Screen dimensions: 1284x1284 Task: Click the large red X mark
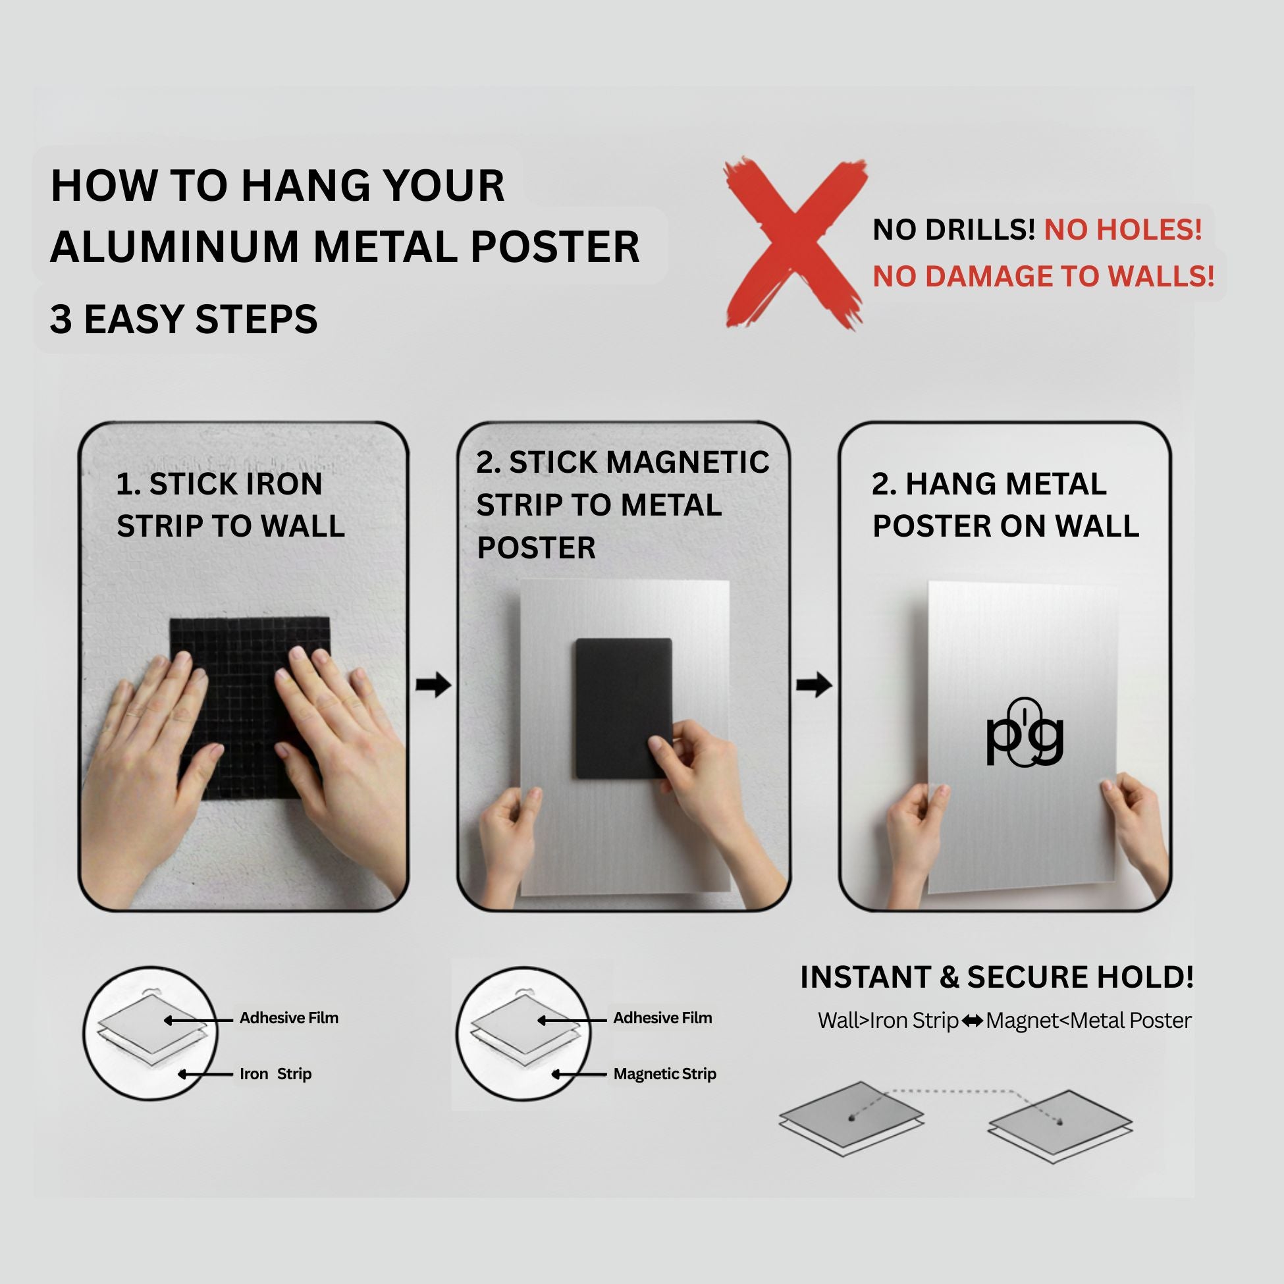coord(795,244)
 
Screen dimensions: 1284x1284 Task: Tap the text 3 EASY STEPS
coord(184,319)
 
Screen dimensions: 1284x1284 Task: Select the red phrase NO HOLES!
coord(1123,230)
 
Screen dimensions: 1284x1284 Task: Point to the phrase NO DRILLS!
coord(953,230)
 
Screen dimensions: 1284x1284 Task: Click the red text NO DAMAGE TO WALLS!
coord(1044,277)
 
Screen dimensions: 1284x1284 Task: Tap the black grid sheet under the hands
coord(249,708)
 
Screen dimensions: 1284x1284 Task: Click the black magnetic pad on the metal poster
coord(624,708)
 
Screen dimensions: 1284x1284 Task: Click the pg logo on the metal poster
coord(1024,732)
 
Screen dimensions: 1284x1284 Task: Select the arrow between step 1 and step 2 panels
coord(433,685)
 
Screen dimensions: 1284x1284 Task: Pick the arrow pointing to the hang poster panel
coord(814,685)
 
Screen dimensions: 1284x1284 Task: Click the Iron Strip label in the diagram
coord(276,1074)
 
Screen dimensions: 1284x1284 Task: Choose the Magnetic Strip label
coord(664,1074)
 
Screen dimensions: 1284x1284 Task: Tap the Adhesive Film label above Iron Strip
coord(289,1018)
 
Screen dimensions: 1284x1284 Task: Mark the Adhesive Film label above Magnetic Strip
coord(662,1018)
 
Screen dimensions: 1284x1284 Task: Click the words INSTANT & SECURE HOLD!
coord(997,977)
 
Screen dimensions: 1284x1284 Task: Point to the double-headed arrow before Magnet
coord(973,1021)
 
